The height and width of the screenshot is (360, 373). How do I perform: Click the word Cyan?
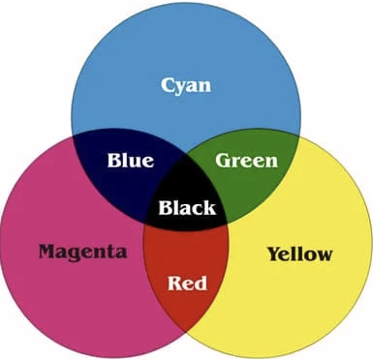click(x=186, y=86)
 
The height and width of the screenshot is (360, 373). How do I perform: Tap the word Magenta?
click(x=82, y=252)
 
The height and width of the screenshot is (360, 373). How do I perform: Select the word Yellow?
click(x=300, y=254)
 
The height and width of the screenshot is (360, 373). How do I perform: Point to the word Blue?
click(x=131, y=161)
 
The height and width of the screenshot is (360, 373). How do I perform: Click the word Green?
click(x=246, y=161)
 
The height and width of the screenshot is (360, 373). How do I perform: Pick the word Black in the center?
click(x=187, y=207)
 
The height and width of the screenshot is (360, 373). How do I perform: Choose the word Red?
click(x=187, y=283)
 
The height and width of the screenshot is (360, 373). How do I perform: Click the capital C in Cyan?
click(x=169, y=85)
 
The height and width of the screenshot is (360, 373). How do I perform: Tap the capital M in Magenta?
click(x=48, y=252)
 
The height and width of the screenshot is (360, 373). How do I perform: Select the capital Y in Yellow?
click(x=275, y=254)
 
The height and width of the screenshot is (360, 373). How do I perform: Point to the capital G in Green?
click(x=224, y=161)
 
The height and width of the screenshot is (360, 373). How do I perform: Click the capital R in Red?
click(x=175, y=283)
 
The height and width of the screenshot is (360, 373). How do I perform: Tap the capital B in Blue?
click(x=115, y=161)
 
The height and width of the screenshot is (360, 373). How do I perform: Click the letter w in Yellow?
click(x=323, y=256)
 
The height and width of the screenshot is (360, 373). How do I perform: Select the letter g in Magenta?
click(x=80, y=255)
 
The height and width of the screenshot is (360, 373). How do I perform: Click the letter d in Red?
click(x=201, y=283)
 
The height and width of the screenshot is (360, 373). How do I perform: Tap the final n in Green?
click(x=270, y=163)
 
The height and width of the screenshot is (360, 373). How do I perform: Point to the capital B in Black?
click(x=166, y=208)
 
